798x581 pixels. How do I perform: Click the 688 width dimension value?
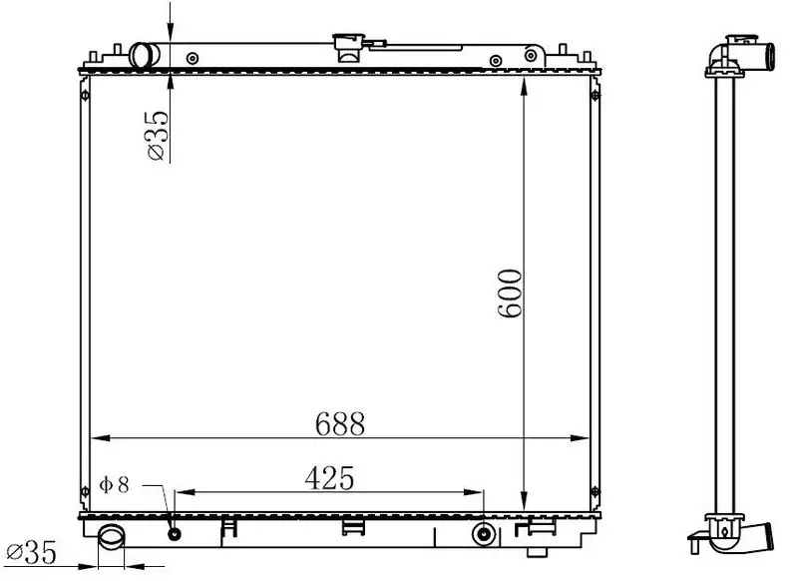click(340, 423)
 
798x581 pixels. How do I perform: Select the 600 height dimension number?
click(510, 293)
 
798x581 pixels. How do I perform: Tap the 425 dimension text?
click(329, 478)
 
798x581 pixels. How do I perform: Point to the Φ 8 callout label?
click(115, 485)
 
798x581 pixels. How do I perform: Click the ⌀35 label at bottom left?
click(31, 552)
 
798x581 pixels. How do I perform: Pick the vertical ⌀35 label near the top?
click(157, 135)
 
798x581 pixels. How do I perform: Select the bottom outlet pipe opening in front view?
click(112, 538)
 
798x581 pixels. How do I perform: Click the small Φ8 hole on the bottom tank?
click(175, 534)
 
